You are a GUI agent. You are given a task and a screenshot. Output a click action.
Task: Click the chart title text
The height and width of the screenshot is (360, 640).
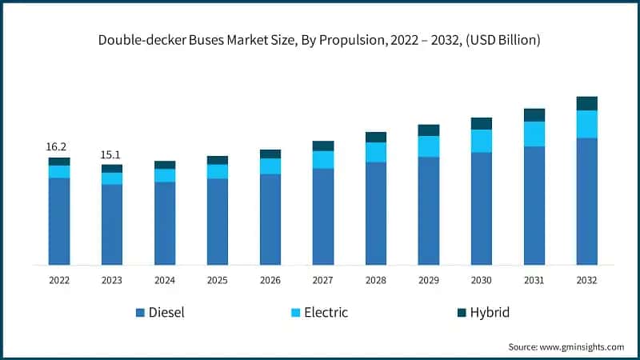coord(320,40)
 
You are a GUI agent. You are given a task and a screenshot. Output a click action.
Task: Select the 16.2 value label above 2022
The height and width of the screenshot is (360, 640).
coord(56,146)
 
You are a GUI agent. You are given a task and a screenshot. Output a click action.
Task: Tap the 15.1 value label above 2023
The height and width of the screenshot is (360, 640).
coord(110,154)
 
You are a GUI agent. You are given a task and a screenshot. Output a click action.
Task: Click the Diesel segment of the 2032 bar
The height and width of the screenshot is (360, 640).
coord(586,201)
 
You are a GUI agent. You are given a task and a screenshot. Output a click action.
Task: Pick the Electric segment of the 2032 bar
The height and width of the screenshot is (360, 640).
coord(586,124)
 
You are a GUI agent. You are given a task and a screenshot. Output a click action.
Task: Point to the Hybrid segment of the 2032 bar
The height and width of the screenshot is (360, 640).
coord(586,103)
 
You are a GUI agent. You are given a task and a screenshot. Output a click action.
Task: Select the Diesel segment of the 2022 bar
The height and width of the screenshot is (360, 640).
coord(58,221)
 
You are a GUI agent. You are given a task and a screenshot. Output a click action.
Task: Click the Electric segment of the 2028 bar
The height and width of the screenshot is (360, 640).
coord(375,152)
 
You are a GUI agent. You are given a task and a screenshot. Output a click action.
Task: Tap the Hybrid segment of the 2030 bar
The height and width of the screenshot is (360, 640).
coord(481,123)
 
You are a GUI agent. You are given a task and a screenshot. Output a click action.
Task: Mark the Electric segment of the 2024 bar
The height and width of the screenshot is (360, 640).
coord(164,175)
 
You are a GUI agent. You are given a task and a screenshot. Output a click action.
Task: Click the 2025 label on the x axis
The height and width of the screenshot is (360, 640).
coord(217,281)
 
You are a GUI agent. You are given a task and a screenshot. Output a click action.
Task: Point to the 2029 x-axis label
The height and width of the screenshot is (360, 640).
coord(428,281)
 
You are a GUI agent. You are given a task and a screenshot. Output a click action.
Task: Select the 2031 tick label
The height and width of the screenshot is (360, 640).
coord(534,281)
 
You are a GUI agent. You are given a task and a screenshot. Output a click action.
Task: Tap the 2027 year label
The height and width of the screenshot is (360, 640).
coord(322,281)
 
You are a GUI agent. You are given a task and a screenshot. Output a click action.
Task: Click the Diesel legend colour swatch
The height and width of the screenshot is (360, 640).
coord(141,313)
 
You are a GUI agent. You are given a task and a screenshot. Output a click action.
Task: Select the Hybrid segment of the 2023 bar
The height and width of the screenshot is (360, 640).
coord(111,168)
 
